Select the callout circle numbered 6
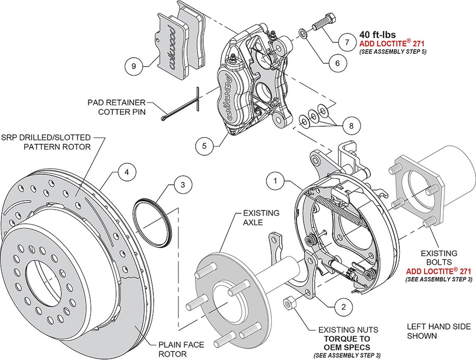pos(337,62)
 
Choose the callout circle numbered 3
pos(183,185)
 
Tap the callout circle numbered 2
pos(343,307)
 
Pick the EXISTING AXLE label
pos(262,218)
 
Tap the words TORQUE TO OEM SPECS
pos(348,343)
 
